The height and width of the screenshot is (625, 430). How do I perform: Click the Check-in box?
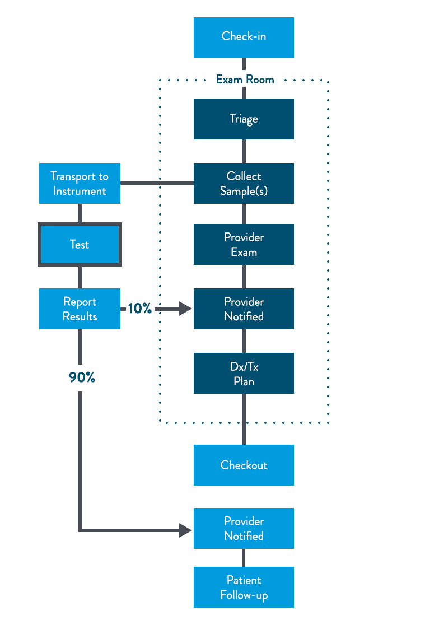[244, 38]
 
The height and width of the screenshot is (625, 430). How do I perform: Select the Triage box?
[244, 119]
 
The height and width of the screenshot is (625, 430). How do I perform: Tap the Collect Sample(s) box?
[244, 183]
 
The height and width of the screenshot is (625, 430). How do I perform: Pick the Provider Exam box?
[244, 244]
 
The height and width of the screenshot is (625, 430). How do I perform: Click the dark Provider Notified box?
[244, 309]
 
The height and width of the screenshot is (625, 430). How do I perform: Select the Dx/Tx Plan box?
[244, 374]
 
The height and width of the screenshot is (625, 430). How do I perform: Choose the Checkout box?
[244, 465]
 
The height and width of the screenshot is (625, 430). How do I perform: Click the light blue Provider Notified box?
[244, 529]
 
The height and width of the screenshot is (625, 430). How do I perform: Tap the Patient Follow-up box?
[244, 587]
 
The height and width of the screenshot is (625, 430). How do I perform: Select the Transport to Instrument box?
[80, 183]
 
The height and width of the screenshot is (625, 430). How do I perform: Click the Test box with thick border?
[80, 244]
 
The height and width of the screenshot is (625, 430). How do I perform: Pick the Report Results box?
[80, 309]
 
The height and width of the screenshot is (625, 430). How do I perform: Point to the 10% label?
[139, 308]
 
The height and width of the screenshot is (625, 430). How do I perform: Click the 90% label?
[82, 377]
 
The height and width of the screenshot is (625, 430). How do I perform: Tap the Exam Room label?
[245, 80]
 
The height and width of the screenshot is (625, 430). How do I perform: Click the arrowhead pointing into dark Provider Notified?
[186, 309]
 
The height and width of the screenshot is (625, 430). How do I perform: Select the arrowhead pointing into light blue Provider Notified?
[186, 530]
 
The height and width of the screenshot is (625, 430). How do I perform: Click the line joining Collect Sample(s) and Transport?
[157, 183]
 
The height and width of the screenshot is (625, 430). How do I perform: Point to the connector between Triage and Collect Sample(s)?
[244, 151]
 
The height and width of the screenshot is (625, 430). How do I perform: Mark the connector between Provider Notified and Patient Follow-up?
[244, 558]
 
